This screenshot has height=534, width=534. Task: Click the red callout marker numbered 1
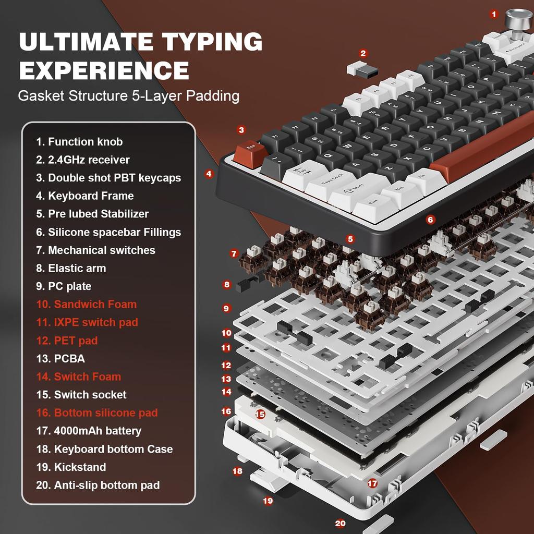(494, 15)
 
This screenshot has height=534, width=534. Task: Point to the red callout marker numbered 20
(340, 523)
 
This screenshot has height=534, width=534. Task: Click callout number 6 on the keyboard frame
(430, 220)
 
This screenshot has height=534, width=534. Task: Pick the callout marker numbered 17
(372, 483)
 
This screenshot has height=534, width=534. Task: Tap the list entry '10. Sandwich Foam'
(86, 304)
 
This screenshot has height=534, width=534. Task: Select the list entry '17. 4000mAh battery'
(88, 431)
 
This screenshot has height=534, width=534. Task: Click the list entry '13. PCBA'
(60, 358)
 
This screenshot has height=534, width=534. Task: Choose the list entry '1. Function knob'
(79, 141)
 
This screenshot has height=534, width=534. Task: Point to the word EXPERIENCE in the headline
(104, 70)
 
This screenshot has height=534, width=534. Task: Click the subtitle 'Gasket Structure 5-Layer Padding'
(128, 96)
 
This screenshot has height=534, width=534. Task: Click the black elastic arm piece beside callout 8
(248, 284)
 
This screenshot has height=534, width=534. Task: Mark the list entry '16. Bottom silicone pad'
(96, 412)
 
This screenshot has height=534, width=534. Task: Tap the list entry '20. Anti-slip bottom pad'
(98, 485)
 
